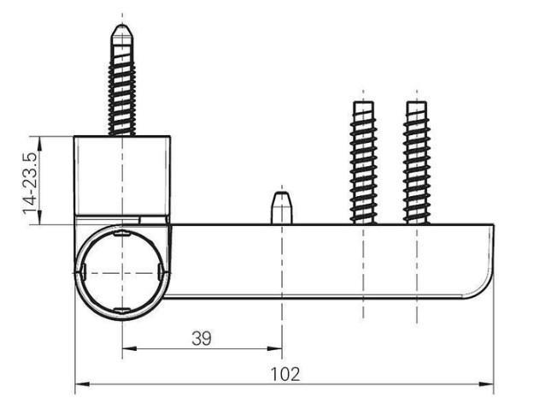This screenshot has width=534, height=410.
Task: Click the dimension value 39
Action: (201, 338)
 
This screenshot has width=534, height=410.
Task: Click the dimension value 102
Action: (285, 374)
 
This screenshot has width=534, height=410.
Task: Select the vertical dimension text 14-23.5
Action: (31, 181)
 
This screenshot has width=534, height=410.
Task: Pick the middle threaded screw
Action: (363, 163)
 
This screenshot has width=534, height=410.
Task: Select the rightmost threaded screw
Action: (417, 163)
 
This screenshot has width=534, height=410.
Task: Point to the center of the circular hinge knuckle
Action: (121, 271)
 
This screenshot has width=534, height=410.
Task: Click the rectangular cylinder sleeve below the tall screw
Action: (122, 175)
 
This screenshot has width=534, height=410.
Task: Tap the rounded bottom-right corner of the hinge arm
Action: (484, 291)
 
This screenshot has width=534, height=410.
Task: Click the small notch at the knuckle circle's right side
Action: (161, 271)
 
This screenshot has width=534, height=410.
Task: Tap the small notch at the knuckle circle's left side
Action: (83, 272)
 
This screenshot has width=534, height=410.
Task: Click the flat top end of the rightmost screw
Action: (417, 104)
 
